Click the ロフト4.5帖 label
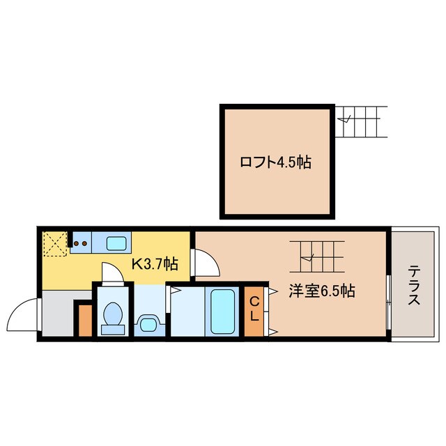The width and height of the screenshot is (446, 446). click(275, 163)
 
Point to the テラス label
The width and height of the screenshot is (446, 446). click(413, 286)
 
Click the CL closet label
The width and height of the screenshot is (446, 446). click(255, 307)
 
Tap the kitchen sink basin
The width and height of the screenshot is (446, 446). click(116, 243)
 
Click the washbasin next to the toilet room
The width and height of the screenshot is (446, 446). click(148, 323)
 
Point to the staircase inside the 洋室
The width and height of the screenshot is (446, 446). click(318, 256)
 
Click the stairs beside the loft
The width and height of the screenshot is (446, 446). click(362, 122)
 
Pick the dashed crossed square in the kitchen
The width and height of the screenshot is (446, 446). click(54, 244)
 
